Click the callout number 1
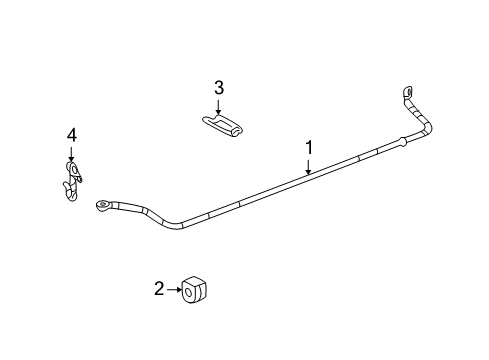309,149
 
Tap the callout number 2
159,290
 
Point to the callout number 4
71,134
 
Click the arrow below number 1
309,168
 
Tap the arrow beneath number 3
219,107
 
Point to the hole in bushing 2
189,291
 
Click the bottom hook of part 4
69,195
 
